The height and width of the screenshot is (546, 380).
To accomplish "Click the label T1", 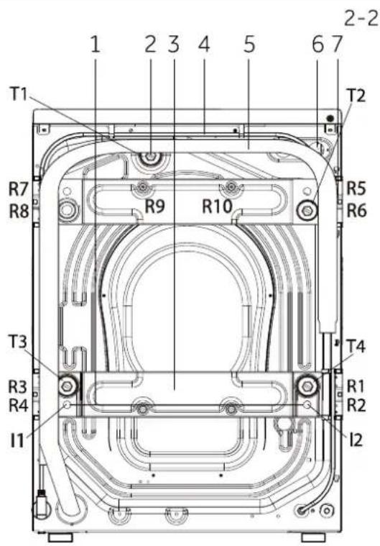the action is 19,94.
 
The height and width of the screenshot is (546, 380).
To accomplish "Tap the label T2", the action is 356,96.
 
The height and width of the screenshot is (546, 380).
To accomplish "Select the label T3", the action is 18,342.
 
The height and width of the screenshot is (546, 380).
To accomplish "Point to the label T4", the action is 357,347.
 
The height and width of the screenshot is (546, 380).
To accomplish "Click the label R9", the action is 154,206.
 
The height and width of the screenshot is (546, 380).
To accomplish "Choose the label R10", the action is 217,206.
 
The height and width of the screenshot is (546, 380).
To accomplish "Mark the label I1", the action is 17,440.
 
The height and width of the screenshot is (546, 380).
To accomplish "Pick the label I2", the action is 356,440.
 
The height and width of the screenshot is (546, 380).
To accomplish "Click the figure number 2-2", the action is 361,19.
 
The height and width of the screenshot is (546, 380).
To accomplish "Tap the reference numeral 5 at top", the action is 249,45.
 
